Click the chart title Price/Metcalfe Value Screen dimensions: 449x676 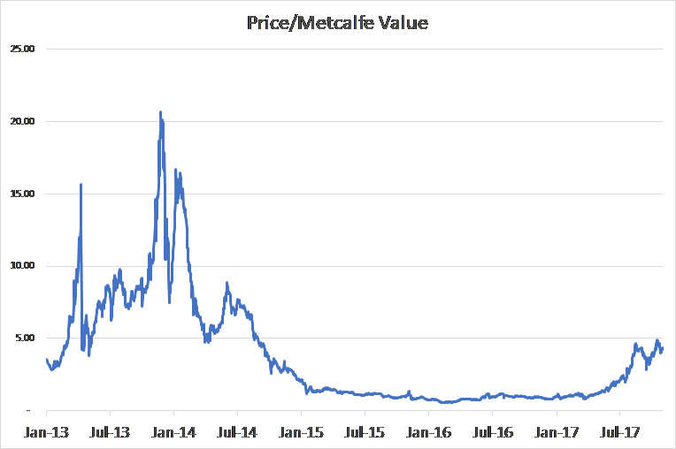point(337,23)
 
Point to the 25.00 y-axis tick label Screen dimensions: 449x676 point(20,49)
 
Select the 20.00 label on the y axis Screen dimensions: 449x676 point(20,121)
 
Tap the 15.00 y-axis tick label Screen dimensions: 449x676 point(20,194)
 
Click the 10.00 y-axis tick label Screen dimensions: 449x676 point(20,266)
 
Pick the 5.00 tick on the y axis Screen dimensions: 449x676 point(23,338)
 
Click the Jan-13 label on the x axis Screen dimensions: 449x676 point(46,433)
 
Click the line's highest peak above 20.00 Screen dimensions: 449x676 point(160,112)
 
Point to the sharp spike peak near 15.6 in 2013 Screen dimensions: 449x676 point(81,185)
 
